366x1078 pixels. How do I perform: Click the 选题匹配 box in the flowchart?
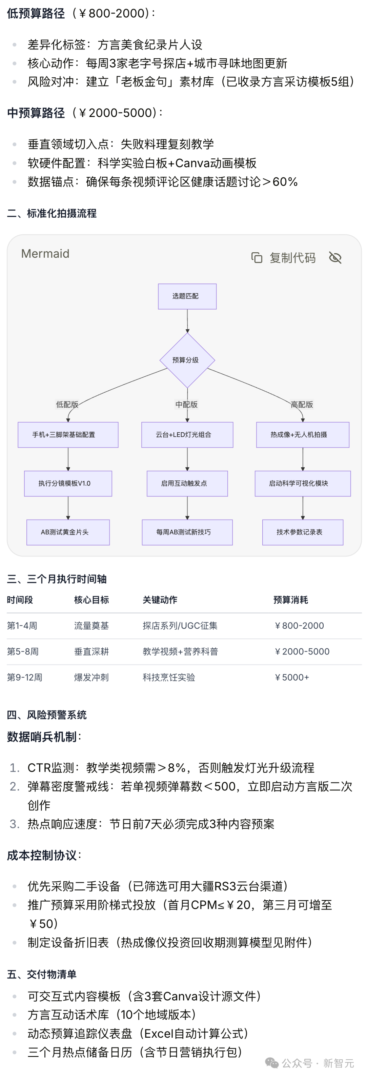coord(187,296)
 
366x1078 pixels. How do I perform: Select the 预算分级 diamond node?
coord(187,360)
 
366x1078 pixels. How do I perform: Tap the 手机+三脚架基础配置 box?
coord(68,435)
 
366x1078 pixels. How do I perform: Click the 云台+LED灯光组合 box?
coord(187,435)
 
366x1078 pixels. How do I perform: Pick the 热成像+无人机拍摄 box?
coord(302,435)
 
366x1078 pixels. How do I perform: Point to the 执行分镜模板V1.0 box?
coord(68,483)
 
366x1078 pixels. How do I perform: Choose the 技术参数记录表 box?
coord(302,532)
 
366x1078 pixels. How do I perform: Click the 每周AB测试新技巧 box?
coord(187,532)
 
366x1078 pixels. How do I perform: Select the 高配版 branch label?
coord(302,404)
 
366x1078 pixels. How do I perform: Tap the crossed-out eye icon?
coord(335,258)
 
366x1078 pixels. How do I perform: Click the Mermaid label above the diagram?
coord(45,254)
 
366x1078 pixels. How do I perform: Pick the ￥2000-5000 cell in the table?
coord(302,651)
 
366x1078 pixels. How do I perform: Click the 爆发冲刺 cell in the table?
coord(91,677)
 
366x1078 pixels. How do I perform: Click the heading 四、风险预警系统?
coord(46,715)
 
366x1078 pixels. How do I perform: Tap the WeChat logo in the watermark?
coord(271,1063)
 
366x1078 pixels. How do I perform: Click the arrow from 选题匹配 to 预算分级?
coord(187,321)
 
